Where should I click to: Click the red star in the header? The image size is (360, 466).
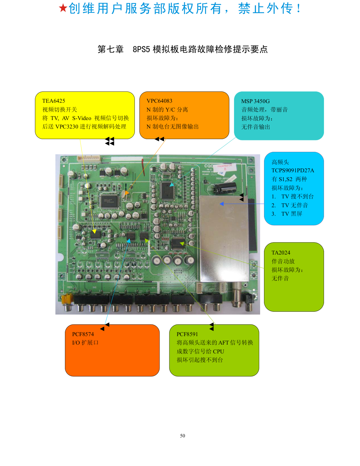pyautogui.click(x=63, y=8)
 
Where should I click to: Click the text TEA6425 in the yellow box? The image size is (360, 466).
pyautogui.click(x=54, y=101)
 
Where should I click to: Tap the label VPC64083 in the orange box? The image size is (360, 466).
pyautogui.click(x=159, y=101)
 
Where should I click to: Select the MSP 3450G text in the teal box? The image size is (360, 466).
pyautogui.click(x=256, y=101)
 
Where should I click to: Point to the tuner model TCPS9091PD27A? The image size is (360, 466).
pyautogui.click(x=293, y=171)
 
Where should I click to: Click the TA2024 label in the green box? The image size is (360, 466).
pyautogui.click(x=281, y=253)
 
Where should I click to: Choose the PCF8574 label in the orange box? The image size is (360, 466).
pyautogui.click(x=83, y=334)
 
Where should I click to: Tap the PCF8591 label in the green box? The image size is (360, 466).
pyautogui.click(x=187, y=334)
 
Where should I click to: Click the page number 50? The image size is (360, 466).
pyautogui.click(x=182, y=436)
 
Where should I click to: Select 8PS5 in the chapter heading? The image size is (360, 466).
pyautogui.click(x=141, y=49)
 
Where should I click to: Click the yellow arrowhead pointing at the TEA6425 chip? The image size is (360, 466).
pyautogui.click(x=94, y=231)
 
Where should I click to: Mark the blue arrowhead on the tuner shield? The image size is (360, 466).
pyautogui.click(x=222, y=204)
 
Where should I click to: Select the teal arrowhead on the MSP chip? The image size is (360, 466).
pyautogui.click(x=172, y=184)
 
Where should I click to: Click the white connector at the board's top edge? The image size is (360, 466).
pyautogui.click(x=89, y=159)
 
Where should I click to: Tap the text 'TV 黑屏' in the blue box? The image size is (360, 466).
pyautogui.click(x=292, y=214)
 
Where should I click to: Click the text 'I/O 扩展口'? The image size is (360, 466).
pyautogui.click(x=85, y=343)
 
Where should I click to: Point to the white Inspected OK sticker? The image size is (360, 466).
pyautogui.click(x=225, y=168)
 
